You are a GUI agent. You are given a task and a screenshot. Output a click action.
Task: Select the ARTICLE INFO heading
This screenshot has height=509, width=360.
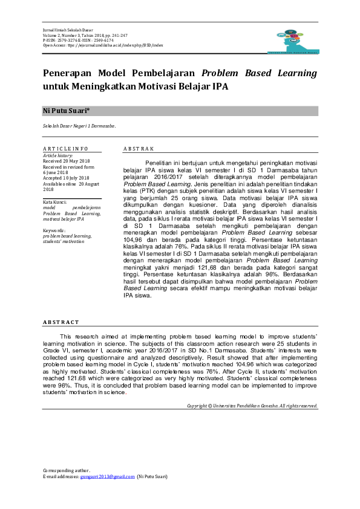[x=65, y=149]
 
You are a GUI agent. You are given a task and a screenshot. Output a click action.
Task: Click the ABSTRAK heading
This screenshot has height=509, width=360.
[x=139, y=149]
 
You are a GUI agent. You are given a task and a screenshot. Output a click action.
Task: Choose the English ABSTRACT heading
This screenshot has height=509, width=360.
[x=61, y=322]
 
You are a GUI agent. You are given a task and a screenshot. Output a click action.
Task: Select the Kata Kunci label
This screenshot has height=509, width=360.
[x=54, y=201]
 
